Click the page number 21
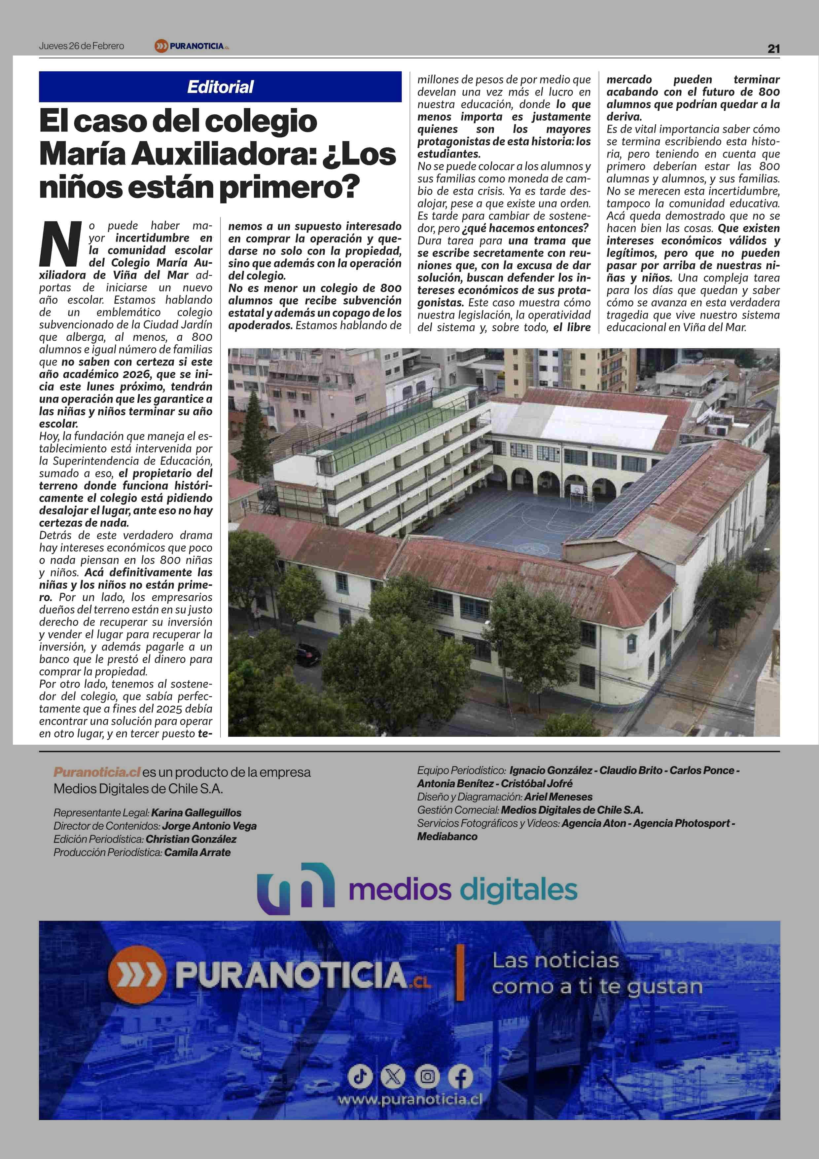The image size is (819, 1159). pyautogui.click(x=773, y=49)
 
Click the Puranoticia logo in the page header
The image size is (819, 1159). pyautogui.click(x=192, y=46)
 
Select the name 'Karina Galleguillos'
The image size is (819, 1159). pyautogui.click(x=196, y=813)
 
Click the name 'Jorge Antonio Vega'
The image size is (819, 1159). pyautogui.click(x=209, y=826)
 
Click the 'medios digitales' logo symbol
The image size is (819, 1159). pyautogui.click(x=295, y=888)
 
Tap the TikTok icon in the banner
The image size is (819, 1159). pyautogui.click(x=360, y=1077)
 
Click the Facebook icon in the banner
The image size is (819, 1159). pyautogui.click(x=460, y=1077)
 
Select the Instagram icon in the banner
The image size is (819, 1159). pyautogui.click(x=427, y=1077)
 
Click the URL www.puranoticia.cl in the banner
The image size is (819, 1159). pyautogui.click(x=410, y=1100)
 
